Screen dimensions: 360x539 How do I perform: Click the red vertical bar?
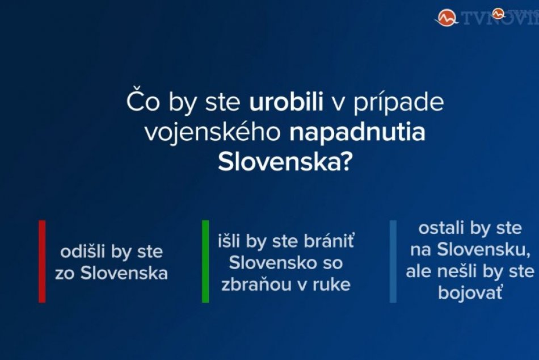[x=42, y=261]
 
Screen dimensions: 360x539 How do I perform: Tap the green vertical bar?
[x=205, y=261]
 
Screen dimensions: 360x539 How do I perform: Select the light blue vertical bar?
[x=393, y=261]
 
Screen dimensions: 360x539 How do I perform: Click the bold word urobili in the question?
[x=286, y=103]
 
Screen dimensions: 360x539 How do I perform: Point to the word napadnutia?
[x=357, y=132]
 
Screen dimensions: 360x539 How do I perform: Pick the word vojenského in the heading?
[x=213, y=133]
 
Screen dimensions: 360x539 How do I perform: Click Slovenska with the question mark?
[x=283, y=162]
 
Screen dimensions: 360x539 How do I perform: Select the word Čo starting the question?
[x=141, y=103]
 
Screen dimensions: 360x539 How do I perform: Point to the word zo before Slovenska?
[x=65, y=273]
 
